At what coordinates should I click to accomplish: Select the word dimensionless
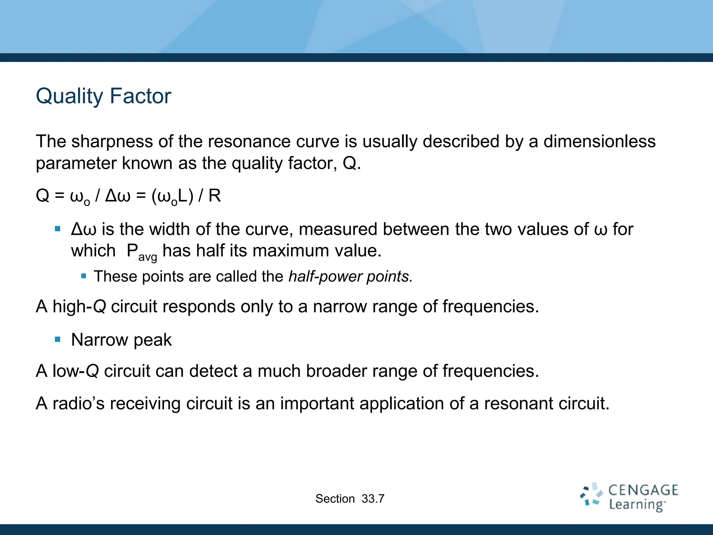click(x=600, y=142)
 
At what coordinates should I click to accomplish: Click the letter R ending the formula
click(x=214, y=196)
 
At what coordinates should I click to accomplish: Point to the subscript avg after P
click(x=148, y=257)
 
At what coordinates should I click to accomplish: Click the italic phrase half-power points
click(x=350, y=277)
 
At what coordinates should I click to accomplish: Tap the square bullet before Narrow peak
click(x=58, y=339)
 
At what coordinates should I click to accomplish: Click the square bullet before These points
click(x=83, y=276)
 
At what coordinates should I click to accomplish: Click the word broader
click(x=336, y=371)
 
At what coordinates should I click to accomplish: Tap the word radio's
click(x=78, y=404)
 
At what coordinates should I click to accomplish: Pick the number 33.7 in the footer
click(x=373, y=499)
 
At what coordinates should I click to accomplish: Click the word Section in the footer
click(x=335, y=499)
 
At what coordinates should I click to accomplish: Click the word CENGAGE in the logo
click(x=643, y=490)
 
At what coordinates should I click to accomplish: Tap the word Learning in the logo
click(x=637, y=505)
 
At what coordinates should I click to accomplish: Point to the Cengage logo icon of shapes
click(x=591, y=495)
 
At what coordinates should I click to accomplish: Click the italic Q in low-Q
click(x=92, y=371)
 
